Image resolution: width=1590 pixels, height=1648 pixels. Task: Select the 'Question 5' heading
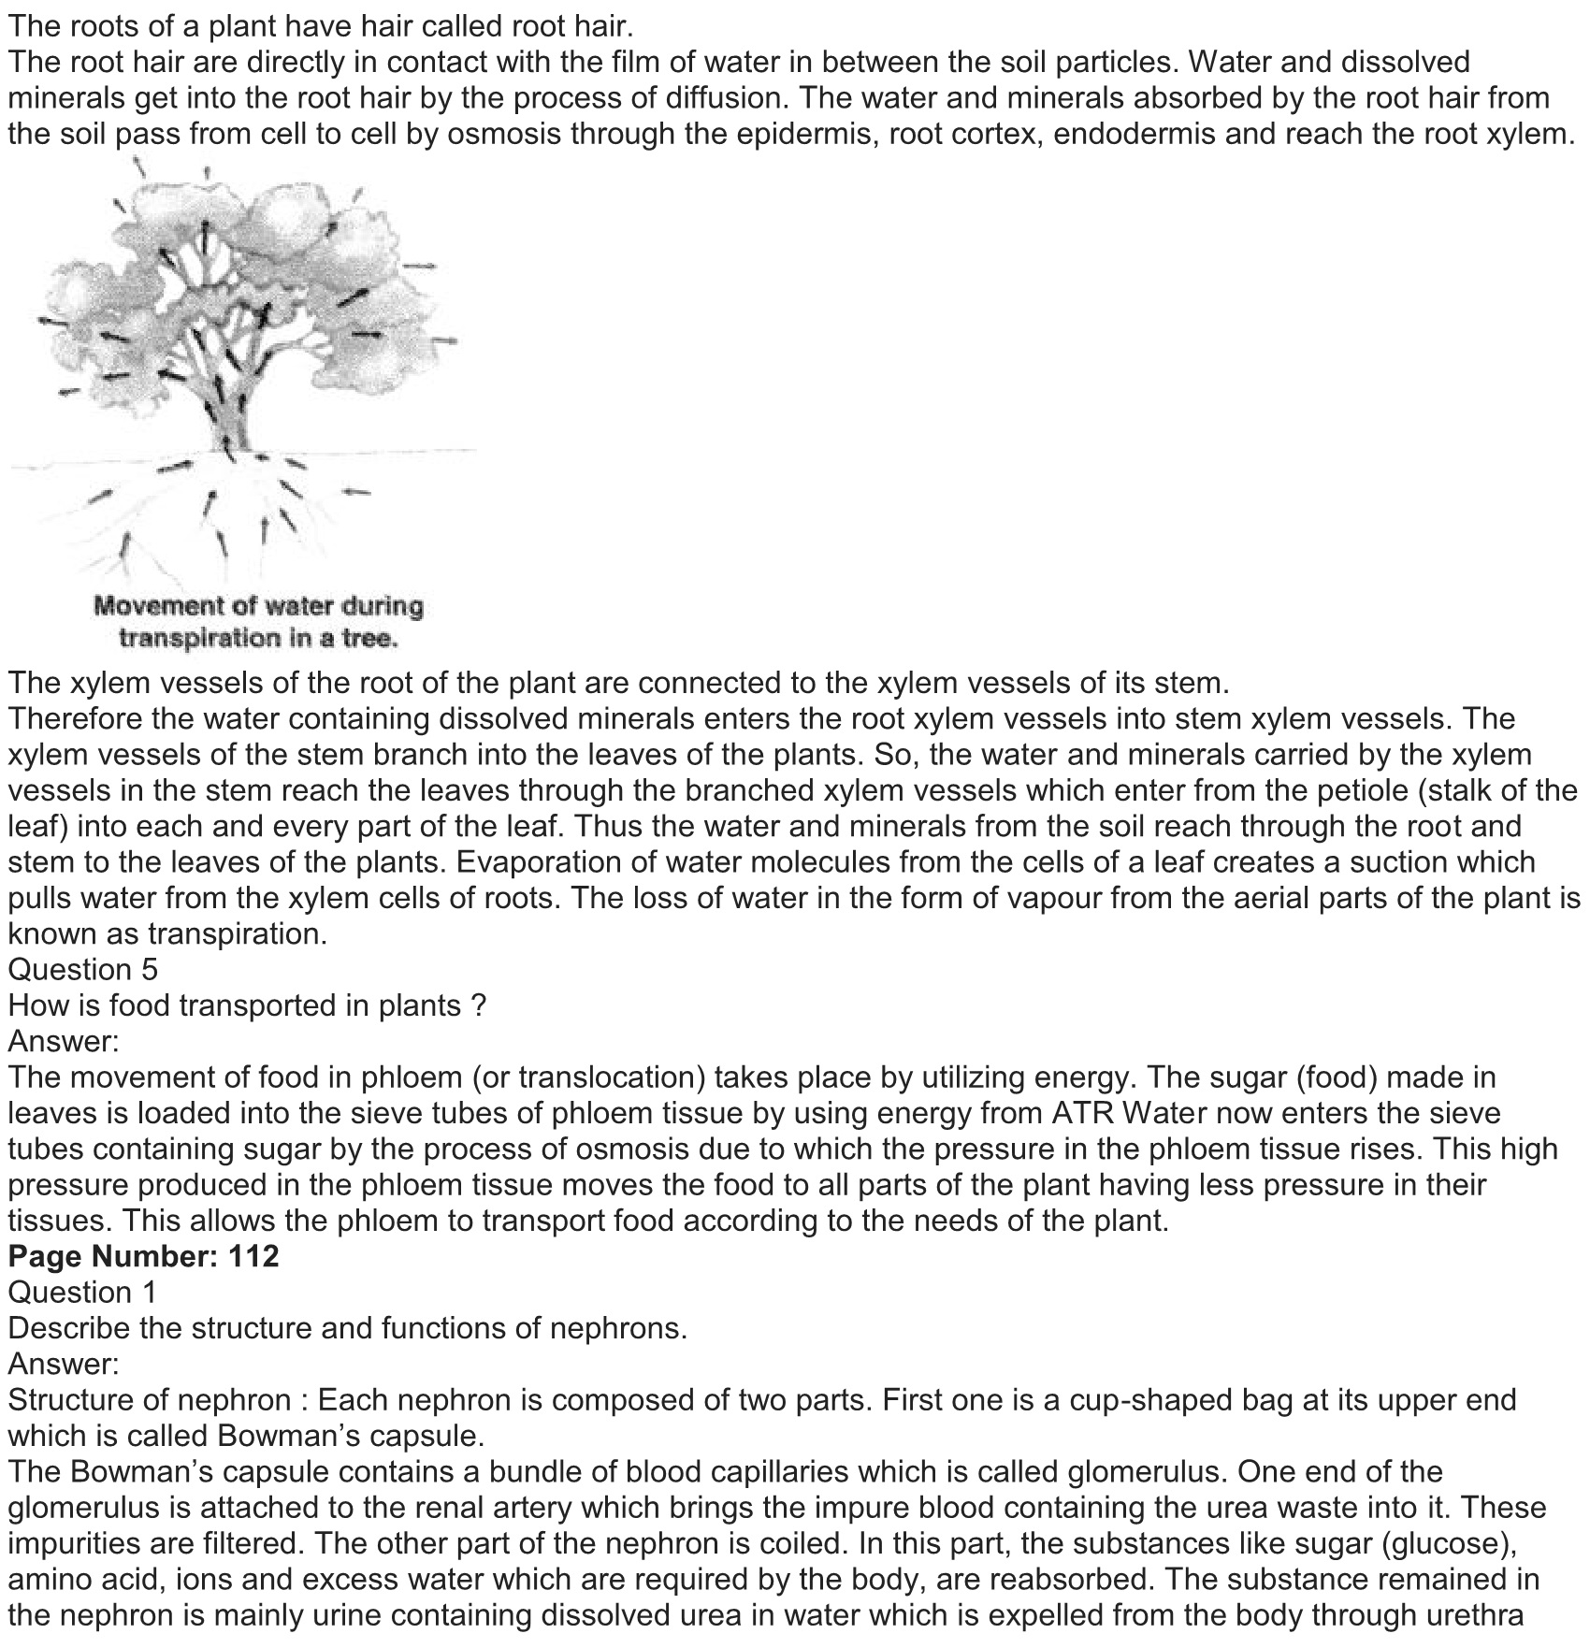82,970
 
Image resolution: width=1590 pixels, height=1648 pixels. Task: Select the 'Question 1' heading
82,1292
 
